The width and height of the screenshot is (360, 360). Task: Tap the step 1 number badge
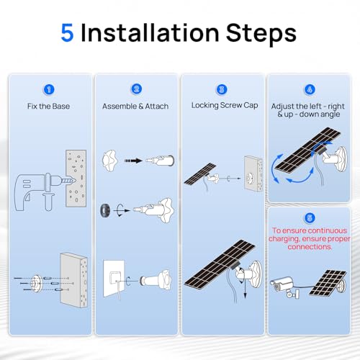tap(49, 89)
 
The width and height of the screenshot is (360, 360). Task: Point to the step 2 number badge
tap(135, 89)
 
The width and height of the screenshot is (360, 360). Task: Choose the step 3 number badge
tap(222, 89)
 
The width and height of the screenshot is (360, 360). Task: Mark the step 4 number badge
tap(310, 89)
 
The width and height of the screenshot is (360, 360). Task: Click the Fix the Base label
tap(49, 106)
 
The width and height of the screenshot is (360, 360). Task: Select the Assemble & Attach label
tap(135, 106)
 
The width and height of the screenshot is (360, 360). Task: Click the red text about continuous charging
tap(310, 238)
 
